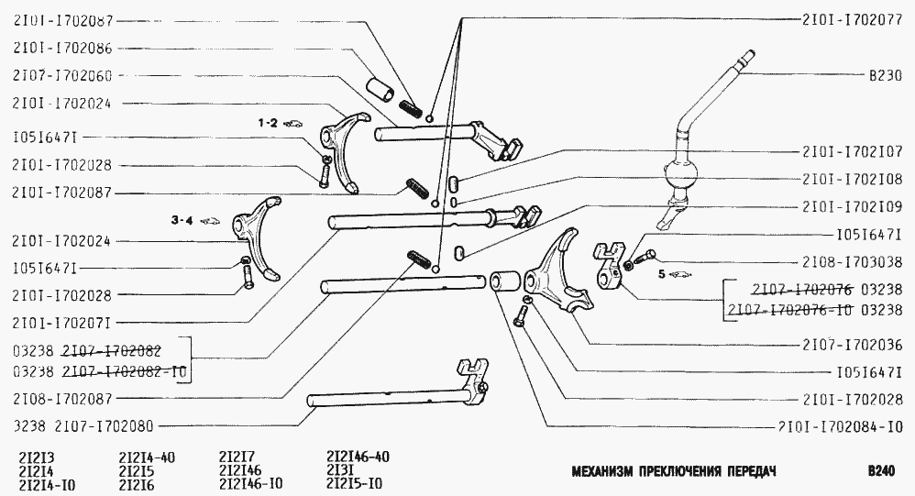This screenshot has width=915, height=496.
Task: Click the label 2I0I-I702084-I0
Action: click(x=843, y=426)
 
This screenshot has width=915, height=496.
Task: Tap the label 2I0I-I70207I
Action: click(x=63, y=322)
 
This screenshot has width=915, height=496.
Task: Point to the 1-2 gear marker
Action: click(x=267, y=122)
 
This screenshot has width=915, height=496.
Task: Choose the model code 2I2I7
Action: click(x=236, y=456)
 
